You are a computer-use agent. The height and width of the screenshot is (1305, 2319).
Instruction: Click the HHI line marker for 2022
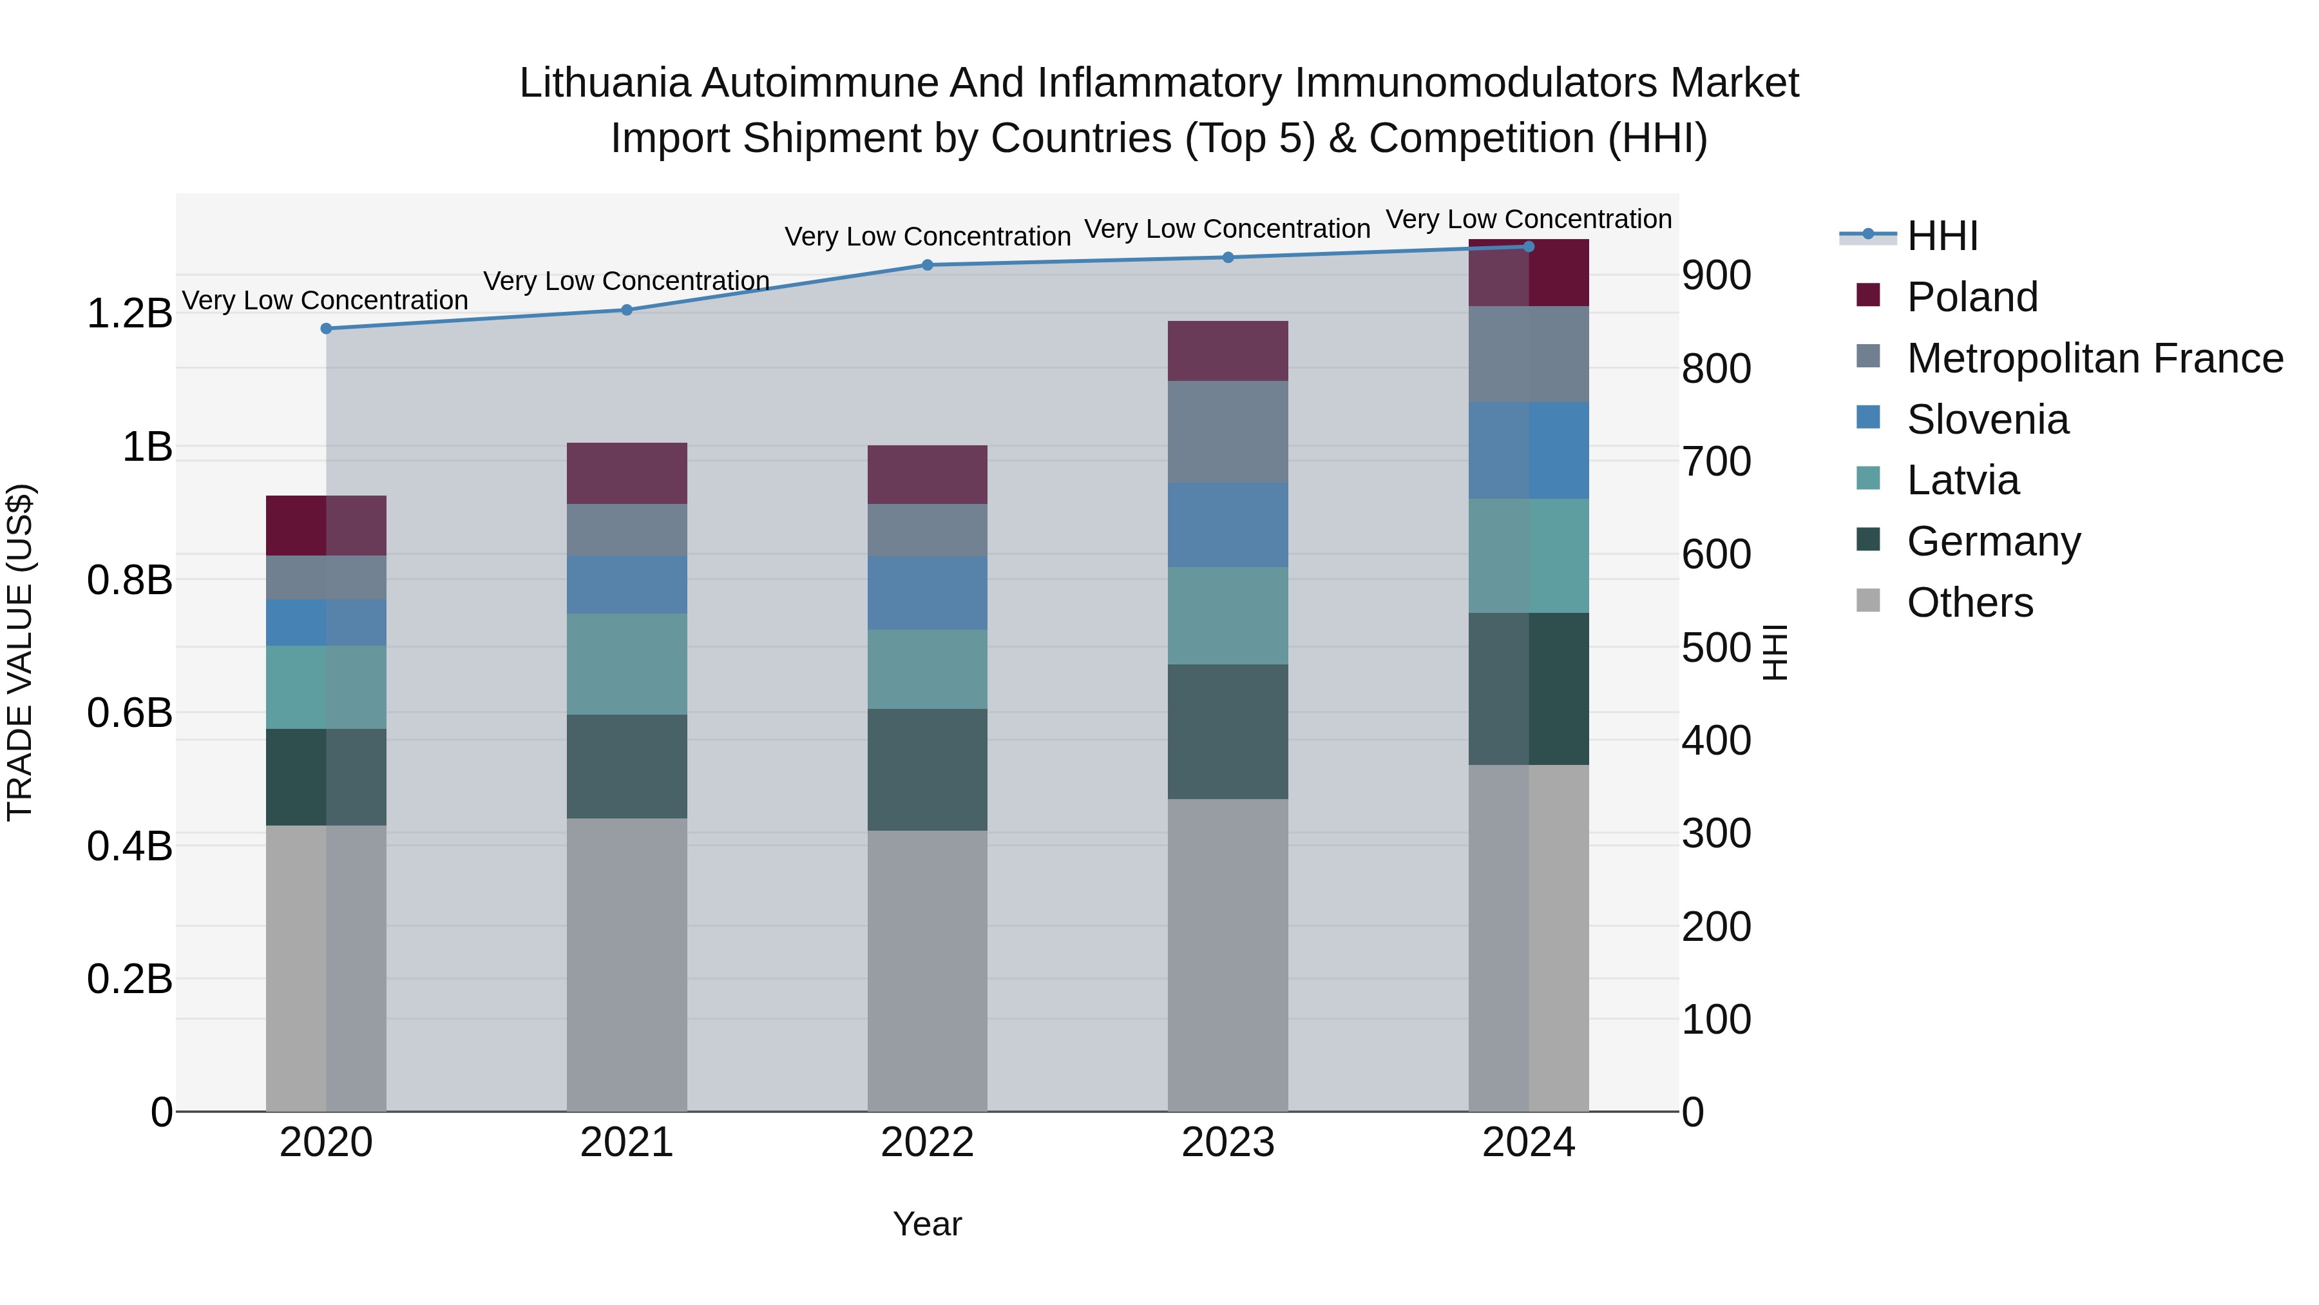(x=927, y=265)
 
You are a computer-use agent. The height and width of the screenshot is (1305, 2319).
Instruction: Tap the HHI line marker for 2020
(x=326, y=329)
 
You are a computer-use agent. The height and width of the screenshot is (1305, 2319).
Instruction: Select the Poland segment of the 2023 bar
(x=1228, y=351)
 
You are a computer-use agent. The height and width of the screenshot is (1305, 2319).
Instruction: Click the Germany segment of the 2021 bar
(x=627, y=766)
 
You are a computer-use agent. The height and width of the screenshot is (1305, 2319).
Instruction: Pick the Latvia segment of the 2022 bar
(x=927, y=669)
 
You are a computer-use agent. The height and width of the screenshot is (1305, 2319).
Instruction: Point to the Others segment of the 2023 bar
(x=1228, y=954)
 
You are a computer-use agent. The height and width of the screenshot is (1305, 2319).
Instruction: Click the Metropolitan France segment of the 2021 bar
(x=627, y=530)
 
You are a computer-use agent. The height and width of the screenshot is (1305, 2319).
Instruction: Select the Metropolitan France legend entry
(x=2094, y=358)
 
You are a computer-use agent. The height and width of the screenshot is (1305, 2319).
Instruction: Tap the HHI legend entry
(x=1942, y=236)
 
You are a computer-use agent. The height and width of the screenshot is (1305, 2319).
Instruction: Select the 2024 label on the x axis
(x=1529, y=1143)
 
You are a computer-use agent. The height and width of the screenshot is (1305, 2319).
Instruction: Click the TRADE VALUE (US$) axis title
(x=20, y=652)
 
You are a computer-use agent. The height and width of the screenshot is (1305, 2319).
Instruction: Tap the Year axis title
(x=927, y=1224)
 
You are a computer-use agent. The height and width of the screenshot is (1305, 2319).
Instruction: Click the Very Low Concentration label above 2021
(x=627, y=281)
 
